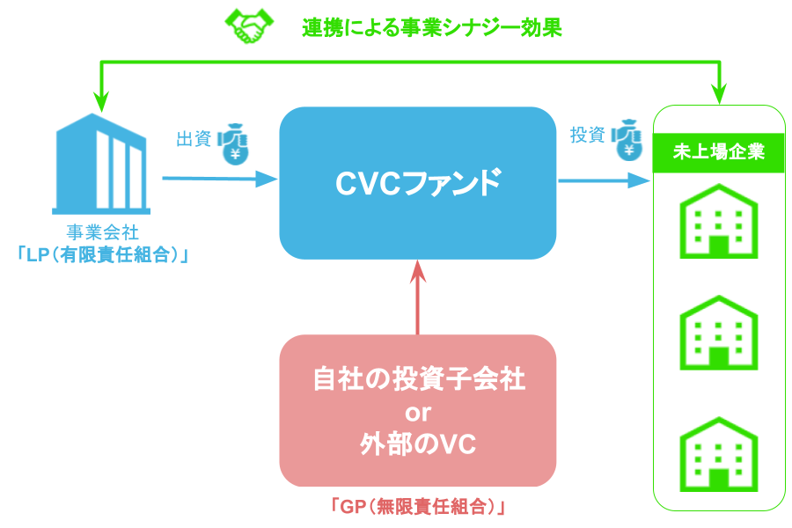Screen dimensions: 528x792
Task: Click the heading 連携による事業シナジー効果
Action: click(x=431, y=27)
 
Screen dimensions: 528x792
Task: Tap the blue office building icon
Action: click(x=99, y=165)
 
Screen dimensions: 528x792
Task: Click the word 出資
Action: click(x=194, y=139)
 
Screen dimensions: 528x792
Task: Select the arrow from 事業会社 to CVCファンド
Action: click(x=219, y=180)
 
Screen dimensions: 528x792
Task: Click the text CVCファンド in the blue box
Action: click(x=418, y=182)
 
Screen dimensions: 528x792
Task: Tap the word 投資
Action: click(x=587, y=136)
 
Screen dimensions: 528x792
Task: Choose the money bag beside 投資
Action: click(x=628, y=139)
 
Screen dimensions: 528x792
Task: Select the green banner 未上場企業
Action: click(x=718, y=151)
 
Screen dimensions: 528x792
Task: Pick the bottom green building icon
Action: click(x=718, y=451)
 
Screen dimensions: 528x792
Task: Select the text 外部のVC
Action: click(x=418, y=444)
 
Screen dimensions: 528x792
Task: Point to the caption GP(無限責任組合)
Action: click(x=418, y=508)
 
